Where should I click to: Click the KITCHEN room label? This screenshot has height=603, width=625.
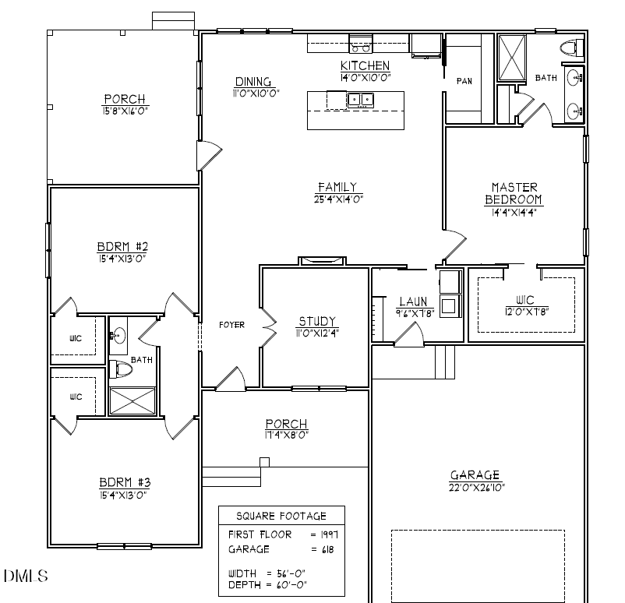(x=365, y=65)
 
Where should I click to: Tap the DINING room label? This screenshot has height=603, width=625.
(x=252, y=82)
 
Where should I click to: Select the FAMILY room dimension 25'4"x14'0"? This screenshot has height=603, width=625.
(x=337, y=198)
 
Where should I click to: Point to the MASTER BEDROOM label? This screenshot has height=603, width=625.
(x=514, y=193)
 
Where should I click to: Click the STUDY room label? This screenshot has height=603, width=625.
(x=317, y=321)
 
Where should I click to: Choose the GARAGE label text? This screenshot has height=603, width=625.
(x=475, y=475)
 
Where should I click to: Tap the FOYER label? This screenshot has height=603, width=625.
(x=231, y=325)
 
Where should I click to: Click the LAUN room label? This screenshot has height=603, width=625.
(x=411, y=301)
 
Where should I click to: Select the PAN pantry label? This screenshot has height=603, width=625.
(x=464, y=81)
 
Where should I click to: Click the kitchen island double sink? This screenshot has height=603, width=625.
(x=360, y=99)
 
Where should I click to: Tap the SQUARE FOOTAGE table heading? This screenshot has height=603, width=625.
(x=281, y=516)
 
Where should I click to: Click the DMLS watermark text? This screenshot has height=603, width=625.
(x=26, y=577)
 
